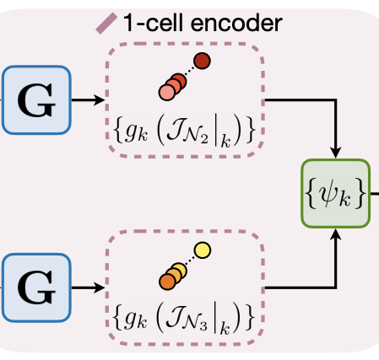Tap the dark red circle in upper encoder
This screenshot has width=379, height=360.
click(203, 60)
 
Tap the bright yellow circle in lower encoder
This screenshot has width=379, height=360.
click(202, 250)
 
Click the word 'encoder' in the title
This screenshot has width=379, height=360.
click(234, 23)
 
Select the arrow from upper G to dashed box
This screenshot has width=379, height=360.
click(85, 100)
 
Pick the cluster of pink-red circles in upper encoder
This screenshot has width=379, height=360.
click(171, 84)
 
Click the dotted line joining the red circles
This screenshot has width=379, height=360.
click(189, 71)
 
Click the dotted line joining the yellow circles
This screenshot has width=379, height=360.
click(189, 261)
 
